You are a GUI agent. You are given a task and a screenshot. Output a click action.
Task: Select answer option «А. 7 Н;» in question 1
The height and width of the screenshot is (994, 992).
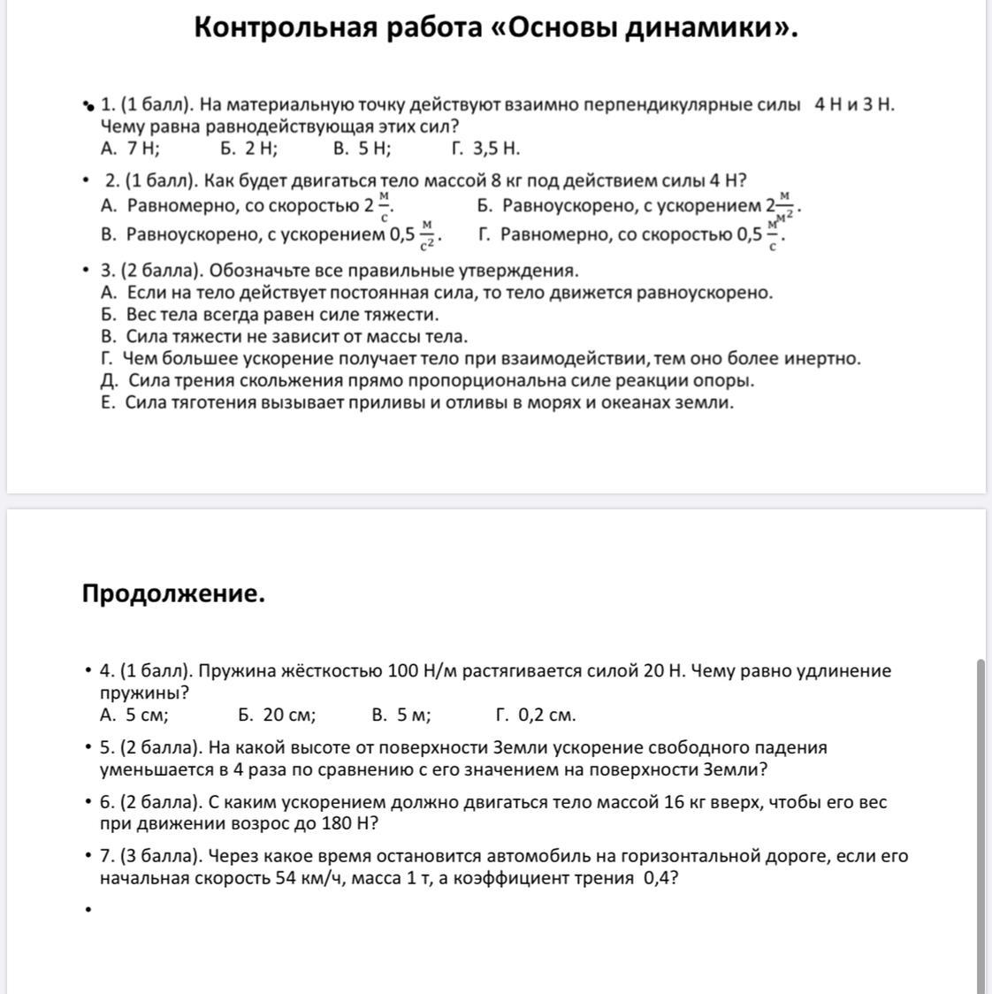click(131, 148)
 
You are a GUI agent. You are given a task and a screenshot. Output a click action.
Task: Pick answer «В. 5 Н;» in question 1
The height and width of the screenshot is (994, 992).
click(362, 148)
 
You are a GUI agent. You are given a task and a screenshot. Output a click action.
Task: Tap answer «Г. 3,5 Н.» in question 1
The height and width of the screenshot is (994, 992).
click(485, 148)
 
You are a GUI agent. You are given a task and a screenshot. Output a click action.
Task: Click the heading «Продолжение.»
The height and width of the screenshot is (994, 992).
click(173, 593)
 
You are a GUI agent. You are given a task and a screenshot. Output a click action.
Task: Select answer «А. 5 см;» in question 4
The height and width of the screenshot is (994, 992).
click(134, 715)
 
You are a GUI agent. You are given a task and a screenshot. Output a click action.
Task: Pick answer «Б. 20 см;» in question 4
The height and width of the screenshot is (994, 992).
click(277, 715)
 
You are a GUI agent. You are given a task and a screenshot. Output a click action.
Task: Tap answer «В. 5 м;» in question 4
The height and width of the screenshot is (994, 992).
click(401, 715)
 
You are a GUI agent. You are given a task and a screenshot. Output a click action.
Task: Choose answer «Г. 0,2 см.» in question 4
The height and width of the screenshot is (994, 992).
click(536, 715)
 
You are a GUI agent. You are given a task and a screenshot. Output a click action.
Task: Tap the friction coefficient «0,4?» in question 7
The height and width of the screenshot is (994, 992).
click(661, 878)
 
